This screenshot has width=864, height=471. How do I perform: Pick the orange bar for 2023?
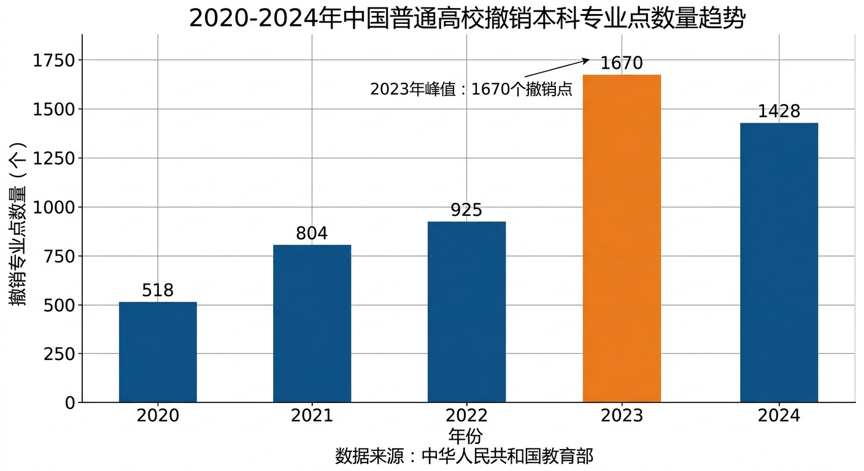622,239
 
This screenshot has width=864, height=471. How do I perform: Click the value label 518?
158,290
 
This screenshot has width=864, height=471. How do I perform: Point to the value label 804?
312,233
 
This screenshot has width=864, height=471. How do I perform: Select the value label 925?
466,210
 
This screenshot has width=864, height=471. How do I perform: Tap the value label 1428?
779,112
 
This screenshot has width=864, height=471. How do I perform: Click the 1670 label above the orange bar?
622,63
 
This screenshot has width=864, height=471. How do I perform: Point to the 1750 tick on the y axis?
54,60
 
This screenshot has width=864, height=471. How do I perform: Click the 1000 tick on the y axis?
54,207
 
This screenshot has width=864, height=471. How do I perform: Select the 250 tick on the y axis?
60,354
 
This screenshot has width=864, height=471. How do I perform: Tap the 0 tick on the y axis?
69,403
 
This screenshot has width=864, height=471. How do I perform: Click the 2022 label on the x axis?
466,416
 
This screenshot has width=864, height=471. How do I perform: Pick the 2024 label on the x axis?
779,416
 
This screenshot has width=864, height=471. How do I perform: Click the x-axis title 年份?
466,436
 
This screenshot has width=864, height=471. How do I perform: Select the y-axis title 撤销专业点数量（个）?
18,224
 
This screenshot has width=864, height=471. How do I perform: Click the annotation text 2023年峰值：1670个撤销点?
471,90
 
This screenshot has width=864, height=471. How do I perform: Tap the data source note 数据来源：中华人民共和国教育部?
465,456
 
